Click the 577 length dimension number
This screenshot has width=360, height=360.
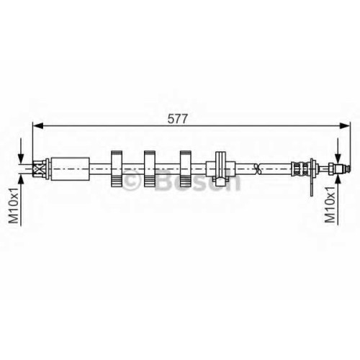(x=177, y=119)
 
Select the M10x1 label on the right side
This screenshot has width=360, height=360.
(x=330, y=204)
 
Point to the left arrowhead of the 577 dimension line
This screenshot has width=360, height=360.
(x=37, y=126)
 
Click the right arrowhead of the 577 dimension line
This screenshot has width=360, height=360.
(x=345, y=126)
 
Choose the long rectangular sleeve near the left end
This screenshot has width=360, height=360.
(x=71, y=169)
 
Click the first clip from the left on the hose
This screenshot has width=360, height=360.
(x=117, y=168)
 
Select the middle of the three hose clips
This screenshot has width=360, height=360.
(x=150, y=168)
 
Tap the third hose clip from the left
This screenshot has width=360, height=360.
(x=186, y=168)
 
